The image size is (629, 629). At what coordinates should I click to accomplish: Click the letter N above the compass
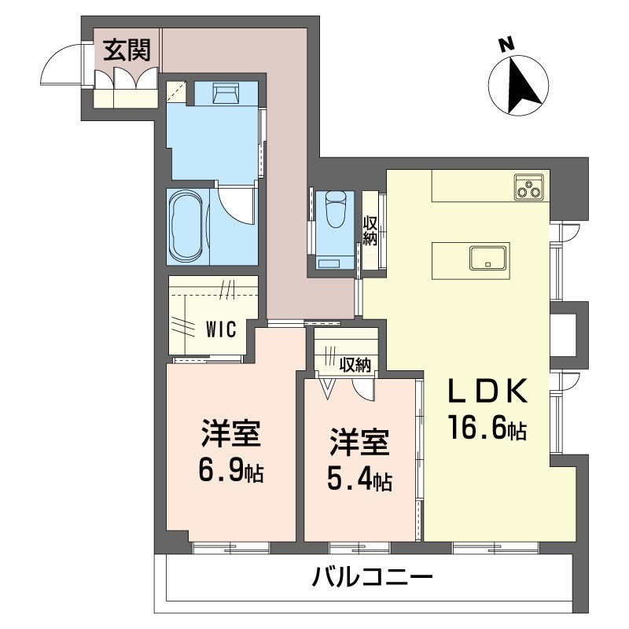point(508,45)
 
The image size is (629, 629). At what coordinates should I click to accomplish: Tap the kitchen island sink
point(487,256)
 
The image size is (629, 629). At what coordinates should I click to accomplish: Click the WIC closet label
point(221,329)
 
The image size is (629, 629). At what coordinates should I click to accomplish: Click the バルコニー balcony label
point(372,581)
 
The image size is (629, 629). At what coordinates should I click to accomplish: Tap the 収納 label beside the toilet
point(370,230)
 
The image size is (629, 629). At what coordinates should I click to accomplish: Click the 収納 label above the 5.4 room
point(355,365)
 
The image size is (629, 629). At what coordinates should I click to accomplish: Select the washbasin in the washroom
point(227,96)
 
